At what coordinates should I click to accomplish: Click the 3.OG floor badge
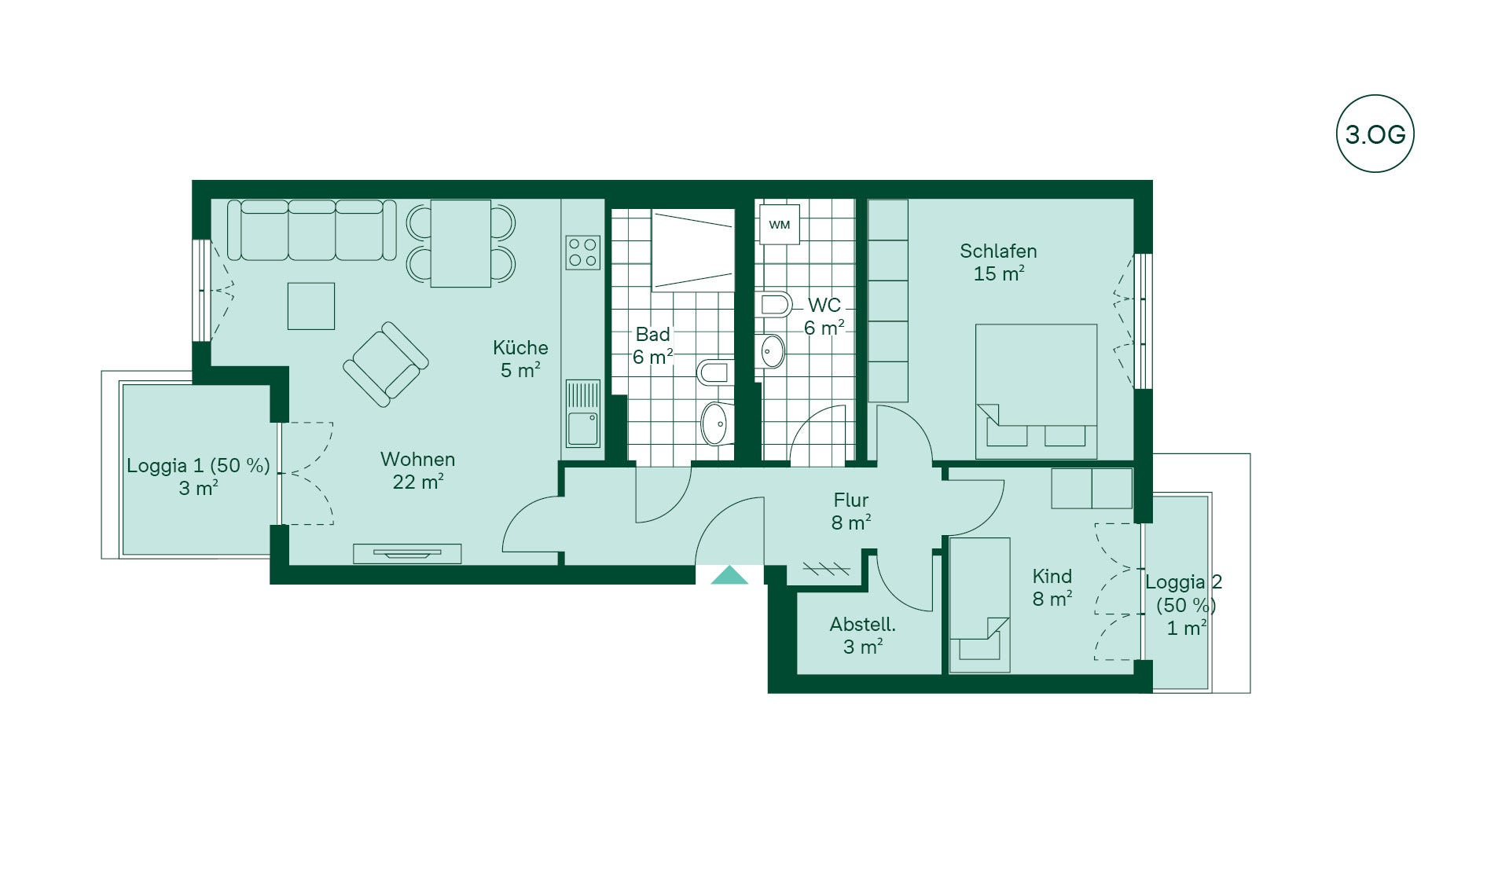(1375, 134)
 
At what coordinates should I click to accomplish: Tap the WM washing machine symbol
(780, 225)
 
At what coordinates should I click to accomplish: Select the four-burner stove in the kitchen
(583, 253)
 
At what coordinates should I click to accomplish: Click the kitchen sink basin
(583, 429)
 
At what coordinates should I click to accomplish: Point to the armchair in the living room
(386, 364)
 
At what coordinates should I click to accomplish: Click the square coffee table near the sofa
(311, 306)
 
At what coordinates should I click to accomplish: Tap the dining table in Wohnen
(461, 244)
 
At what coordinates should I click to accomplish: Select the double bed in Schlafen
(1037, 391)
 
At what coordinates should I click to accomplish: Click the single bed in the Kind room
(979, 605)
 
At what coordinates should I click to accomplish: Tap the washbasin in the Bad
(715, 423)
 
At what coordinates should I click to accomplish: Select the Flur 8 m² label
(851, 511)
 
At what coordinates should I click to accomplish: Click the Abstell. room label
(863, 636)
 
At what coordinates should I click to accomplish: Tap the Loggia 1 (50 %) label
(198, 465)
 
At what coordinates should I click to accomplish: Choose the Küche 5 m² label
(520, 358)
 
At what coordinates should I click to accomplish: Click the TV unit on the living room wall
(407, 554)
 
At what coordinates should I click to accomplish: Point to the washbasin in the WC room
(772, 351)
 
